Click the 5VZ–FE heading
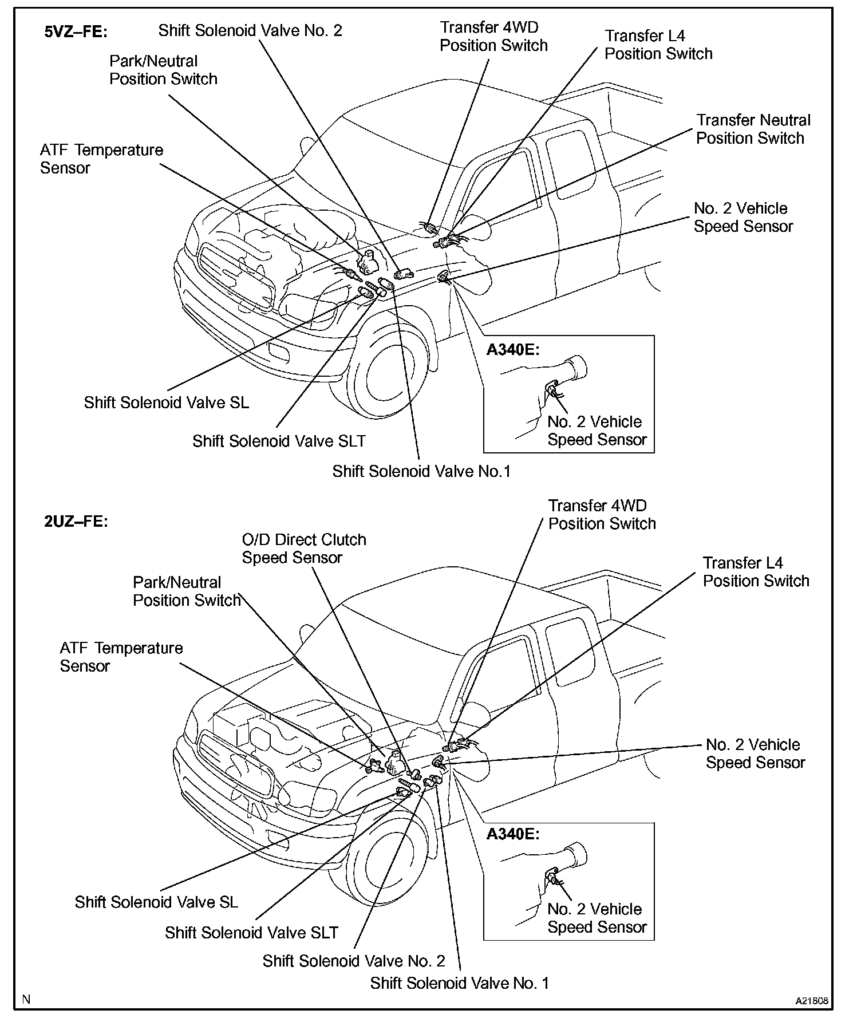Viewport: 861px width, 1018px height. [76, 32]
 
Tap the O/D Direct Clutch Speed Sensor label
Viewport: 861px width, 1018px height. [303, 549]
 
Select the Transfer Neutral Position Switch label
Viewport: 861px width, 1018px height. [753, 129]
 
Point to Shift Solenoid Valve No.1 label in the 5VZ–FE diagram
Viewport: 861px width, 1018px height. [421, 471]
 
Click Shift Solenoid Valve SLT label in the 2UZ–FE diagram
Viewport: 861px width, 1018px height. [251, 933]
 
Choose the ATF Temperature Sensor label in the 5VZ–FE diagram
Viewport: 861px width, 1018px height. [101, 159]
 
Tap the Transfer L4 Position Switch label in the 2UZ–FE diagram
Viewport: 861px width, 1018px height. [756, 572]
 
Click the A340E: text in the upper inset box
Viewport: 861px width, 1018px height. [513, 350]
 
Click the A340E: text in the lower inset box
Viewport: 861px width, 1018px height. [513, 834]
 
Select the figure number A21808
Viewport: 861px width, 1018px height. [811, 1001]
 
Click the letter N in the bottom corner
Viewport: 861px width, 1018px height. [26, 1000]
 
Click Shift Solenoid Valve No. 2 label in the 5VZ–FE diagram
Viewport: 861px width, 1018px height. [250, 31]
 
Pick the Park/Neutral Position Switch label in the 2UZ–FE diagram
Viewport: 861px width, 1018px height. [186, 591]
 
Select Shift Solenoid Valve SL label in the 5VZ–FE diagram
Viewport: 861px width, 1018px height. [167, 403]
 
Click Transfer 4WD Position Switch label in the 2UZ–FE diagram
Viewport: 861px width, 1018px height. [601, 515]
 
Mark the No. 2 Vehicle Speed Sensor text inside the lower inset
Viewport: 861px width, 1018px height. [597, 918]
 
